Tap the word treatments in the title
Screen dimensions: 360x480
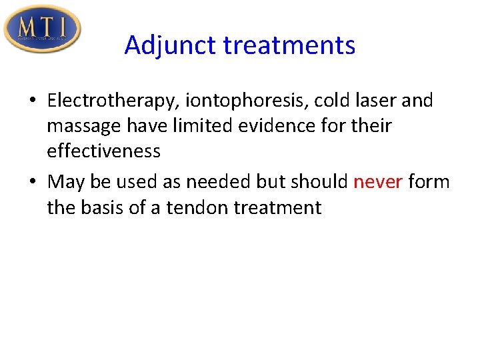(x=289, y=46)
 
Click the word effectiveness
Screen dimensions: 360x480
(x=103, y=151)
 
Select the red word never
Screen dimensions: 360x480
(x=378, y=181)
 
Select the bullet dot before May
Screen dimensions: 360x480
(x=33, y=183)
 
